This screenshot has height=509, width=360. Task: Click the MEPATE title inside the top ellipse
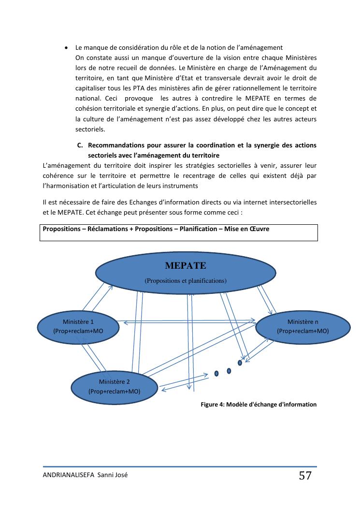pyautogui.click(x=186, y=266)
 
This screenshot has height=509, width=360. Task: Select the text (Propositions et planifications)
pyautogui.click(x=186, y=280)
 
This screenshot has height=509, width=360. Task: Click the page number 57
pyautogui.click(x=305, y=476)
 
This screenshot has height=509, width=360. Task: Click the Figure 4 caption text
pyautogui.click(x=258, y=405)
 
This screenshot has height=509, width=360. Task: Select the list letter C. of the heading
pyautogui.click(x=80, y=145)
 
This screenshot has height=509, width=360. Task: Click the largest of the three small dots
pyautogui.click(x=239, y=362)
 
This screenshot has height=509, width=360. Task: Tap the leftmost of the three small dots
pyautogui.click(x=216, y=373)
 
